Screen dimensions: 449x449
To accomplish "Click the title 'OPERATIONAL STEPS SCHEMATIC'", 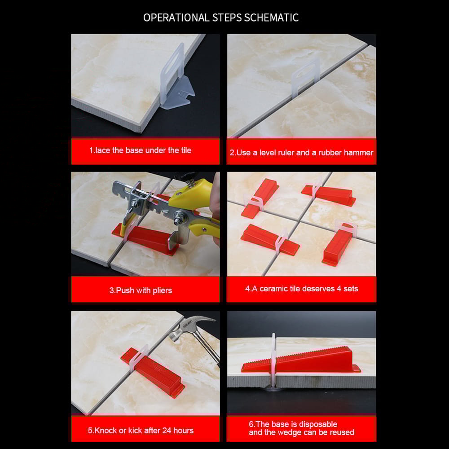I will (x=221, y=18).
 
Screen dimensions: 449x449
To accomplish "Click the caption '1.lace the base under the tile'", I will (x=140, y=150).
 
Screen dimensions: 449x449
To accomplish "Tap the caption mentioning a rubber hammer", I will (x=301, y=153).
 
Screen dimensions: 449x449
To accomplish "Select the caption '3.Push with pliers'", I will (x=141, y=291).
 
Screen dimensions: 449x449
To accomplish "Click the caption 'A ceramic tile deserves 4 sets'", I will (x=301, y=289).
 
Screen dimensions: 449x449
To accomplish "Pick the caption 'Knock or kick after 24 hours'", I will (x=141, y=430).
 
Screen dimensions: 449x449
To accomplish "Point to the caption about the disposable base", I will (x=301, y=428).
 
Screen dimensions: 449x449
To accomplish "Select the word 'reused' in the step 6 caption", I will (x=341, y=432).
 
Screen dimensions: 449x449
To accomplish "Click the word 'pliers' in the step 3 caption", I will (x=162, y=291).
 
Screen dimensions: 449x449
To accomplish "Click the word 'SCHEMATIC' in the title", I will (x=274, y=18).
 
